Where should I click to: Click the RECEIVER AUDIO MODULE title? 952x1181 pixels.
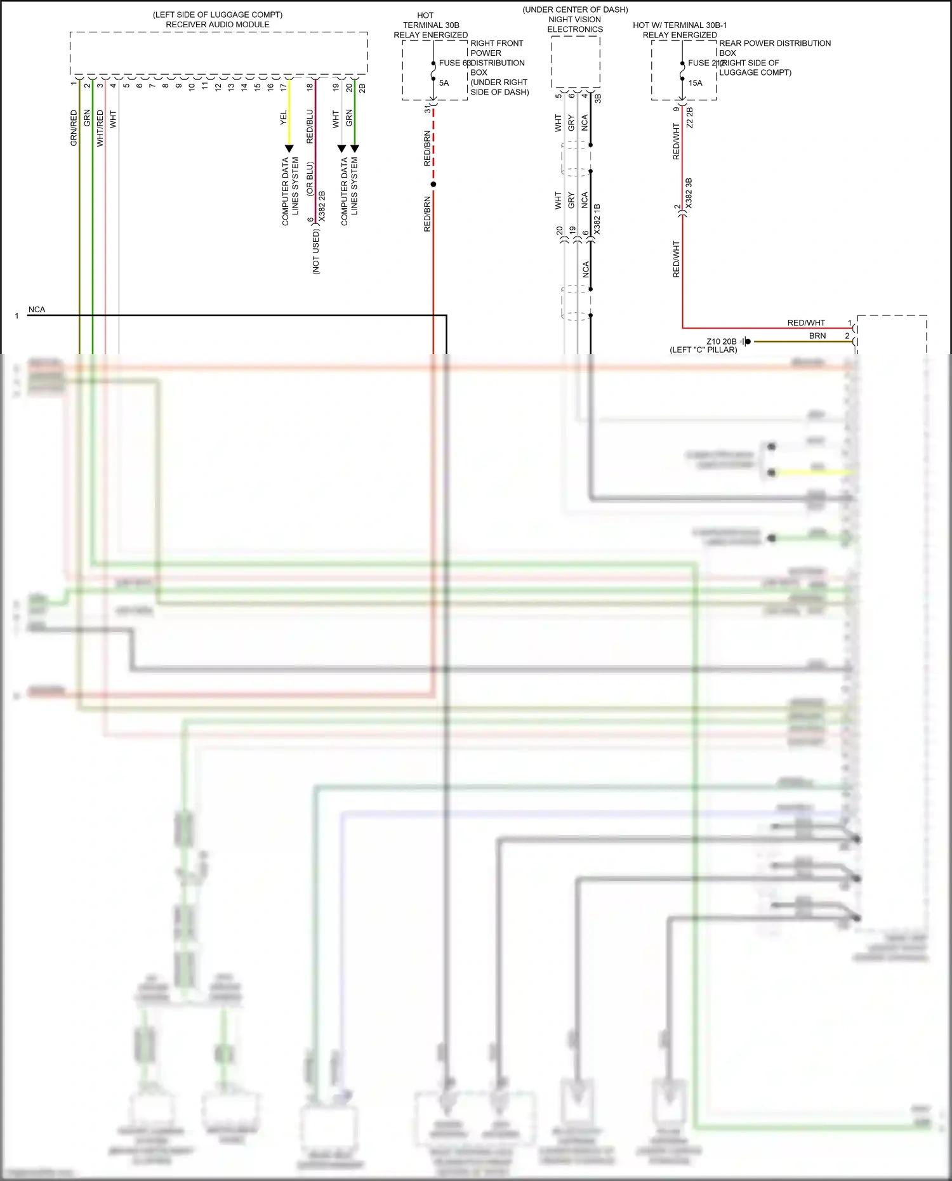(218, 25)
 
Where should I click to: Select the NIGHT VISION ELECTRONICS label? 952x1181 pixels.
(575, 24)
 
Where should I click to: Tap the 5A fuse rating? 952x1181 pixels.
(444, 83)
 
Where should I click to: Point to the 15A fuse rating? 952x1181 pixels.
(696, 83)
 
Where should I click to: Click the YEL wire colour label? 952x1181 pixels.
(284, 117)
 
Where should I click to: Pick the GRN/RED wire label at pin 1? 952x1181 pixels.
(74, 128)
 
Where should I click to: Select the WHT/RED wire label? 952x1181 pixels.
(100, 129)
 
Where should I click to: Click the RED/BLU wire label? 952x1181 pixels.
(310, 126)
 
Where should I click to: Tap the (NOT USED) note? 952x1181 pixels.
(316, 252)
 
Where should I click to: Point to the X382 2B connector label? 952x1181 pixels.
(322, 206)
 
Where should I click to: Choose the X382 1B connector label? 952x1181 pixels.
(597, 220)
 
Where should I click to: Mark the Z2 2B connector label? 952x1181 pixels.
(690, 118)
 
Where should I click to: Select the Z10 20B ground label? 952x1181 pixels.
(722, 341)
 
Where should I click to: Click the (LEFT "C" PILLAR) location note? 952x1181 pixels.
(704, 350)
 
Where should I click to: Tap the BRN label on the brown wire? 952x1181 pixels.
(817, 336)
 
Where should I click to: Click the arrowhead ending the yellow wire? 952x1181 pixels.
(289, 149)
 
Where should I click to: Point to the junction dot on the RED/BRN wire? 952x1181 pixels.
(433, 185)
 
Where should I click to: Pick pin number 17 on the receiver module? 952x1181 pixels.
(284, 88)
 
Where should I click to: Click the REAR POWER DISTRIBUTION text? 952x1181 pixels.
(774, 43)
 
